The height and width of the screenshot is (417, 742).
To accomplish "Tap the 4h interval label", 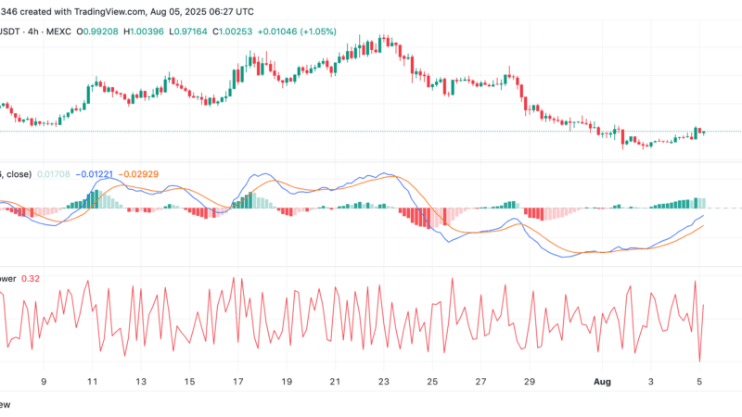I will click(x=32, y=30).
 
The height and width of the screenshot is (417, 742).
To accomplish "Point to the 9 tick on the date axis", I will click(x=44, y=381).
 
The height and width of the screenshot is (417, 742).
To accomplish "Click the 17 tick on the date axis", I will click(x=238, y=381).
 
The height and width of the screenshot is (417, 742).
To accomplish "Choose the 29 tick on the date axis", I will click(x=529, y=381).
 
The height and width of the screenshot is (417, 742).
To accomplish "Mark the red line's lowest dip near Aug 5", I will click(x=699, y=361).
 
